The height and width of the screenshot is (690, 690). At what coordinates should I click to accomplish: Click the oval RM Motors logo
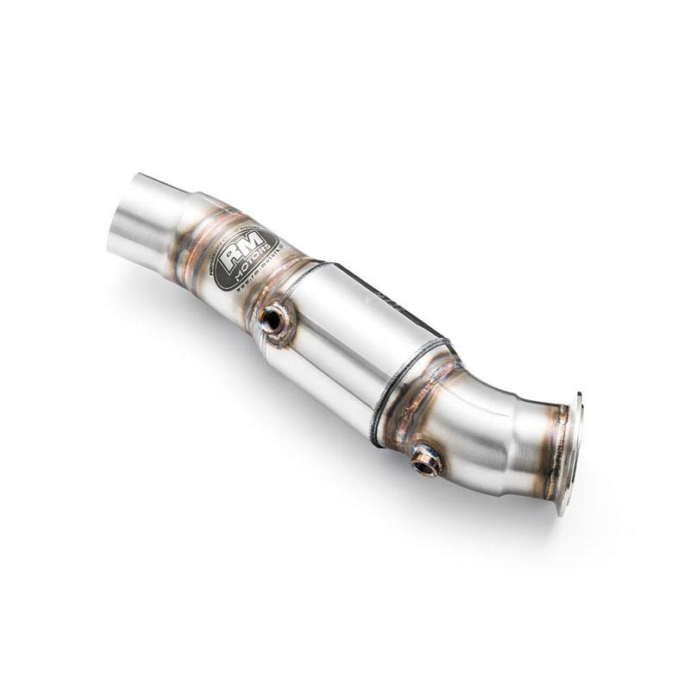coord(245,260)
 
